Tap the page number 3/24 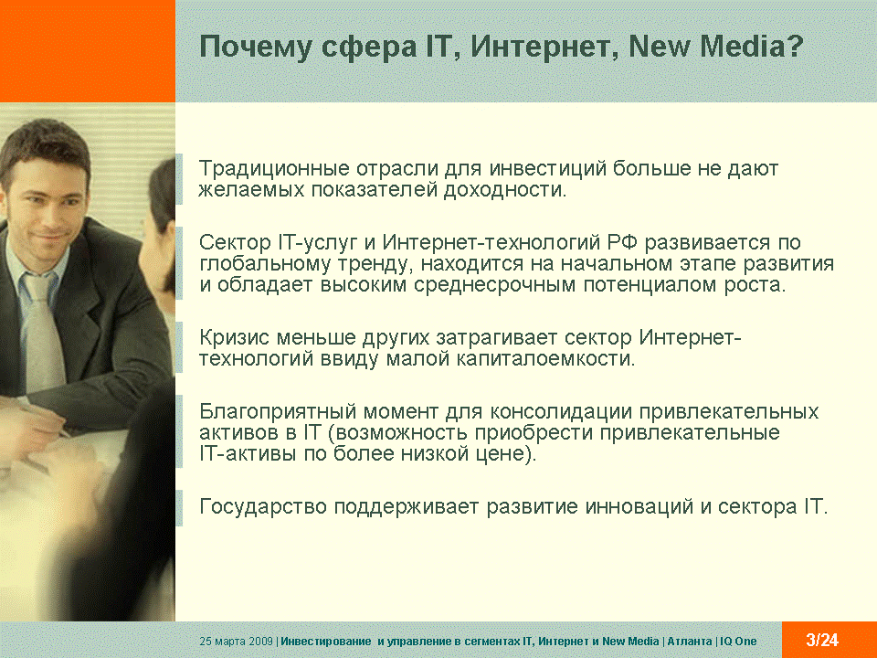tap(822, 640)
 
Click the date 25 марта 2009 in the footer tap(236, 642)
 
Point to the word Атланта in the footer tap(689, 642)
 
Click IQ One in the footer tap(738, 642)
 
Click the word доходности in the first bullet tap(505, 190)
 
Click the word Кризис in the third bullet tap(235, 337)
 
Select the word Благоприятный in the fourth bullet tap(278, 412)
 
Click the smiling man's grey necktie tap(45, 330)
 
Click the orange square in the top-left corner tap(88, 51)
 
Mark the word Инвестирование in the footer tap(325, 642)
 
